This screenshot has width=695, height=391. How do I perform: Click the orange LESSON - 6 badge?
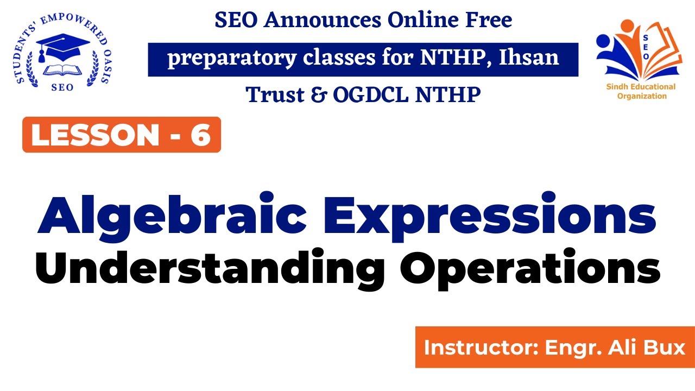[122, 135]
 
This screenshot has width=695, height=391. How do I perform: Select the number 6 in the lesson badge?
[200, 135]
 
